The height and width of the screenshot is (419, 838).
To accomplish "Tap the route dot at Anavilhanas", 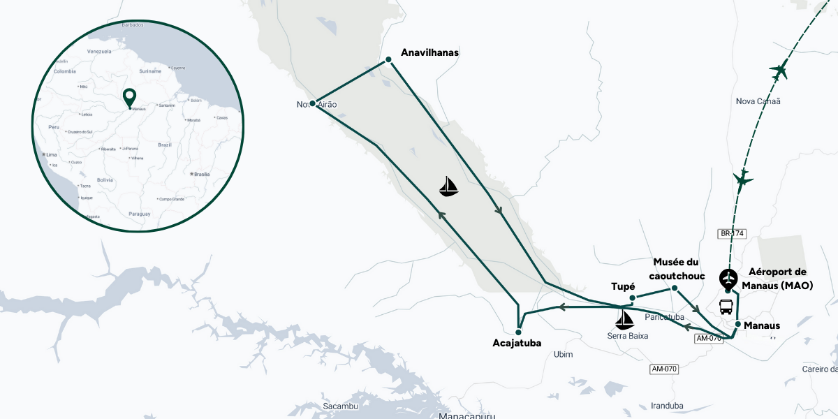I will [x=388, y=60].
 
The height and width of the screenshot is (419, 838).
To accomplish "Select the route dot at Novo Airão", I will [x=312, y=103].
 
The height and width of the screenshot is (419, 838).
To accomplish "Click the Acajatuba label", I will [x=517, y=343].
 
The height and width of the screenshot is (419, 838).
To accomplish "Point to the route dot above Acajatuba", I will [x=519, y=332].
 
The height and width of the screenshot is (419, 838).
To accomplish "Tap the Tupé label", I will [x=623, y=287].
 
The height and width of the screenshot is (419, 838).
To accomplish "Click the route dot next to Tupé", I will [x=632, y=298].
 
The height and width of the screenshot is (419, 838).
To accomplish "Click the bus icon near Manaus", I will [x=726, y=307].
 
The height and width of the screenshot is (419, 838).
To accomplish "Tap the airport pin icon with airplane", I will [x=728, y=280].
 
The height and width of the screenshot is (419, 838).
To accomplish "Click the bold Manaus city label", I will [x=762, y=325].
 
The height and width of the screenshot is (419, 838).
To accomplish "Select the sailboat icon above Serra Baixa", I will [x=624, y=320].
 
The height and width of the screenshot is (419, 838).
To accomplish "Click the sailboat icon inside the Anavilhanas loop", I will [x=449, y=186].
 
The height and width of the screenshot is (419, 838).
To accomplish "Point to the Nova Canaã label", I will [x=758, y=101].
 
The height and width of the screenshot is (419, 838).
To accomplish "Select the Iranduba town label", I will [x=666, y=405].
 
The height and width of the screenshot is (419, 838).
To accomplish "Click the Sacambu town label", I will [x=341, y=406].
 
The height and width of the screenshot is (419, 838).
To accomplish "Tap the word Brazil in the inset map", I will [x=166, y=145].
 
